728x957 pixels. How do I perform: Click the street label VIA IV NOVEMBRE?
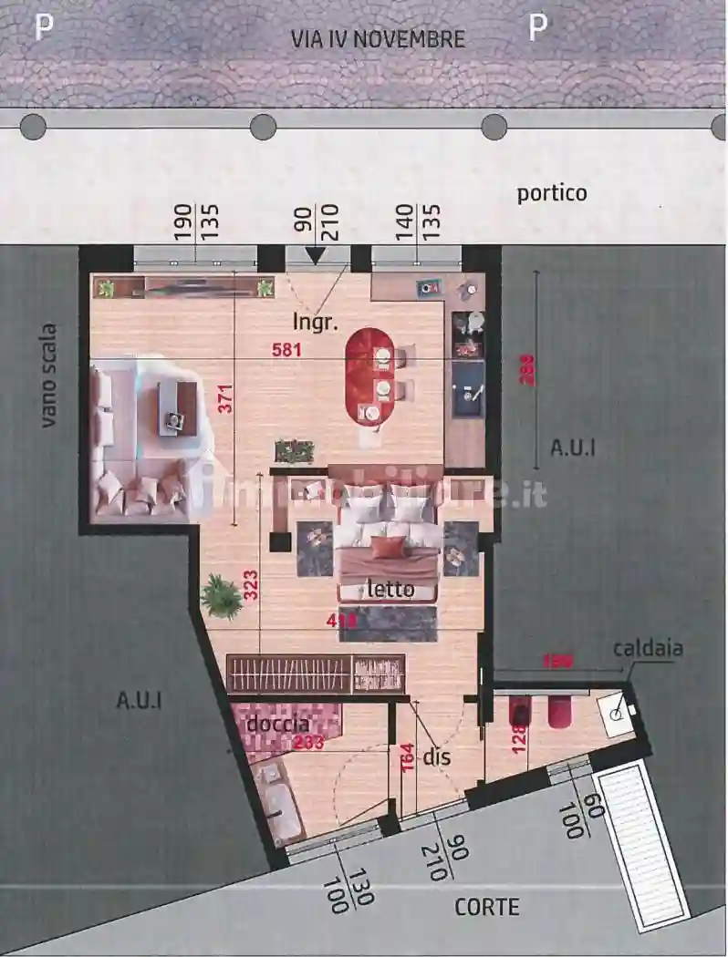(x=378, y=39)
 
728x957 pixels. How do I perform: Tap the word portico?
(x=552, y=193)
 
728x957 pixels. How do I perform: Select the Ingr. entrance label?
(x=316, y=321)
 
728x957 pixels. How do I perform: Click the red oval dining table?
(x=370, y=376)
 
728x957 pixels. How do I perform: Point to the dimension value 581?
(x=287, y=348)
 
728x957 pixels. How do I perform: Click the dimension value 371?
(x=225, y=398)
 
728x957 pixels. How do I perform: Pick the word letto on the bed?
(x=390, y=590)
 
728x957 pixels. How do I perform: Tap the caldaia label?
(x=648, y=649)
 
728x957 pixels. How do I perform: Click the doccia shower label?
(x=276, y=724)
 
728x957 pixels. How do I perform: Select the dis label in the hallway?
(x=437, y=756)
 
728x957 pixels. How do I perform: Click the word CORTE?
(x=487, y=907)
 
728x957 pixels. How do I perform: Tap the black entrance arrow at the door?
(x=315, y=255)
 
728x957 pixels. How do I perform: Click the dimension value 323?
(x=251, y=584)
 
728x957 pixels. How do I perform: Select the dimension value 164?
(x=408, y=758)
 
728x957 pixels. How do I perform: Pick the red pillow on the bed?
(x=389, y=546)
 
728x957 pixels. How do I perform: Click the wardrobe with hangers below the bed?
(x=315, y=674)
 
